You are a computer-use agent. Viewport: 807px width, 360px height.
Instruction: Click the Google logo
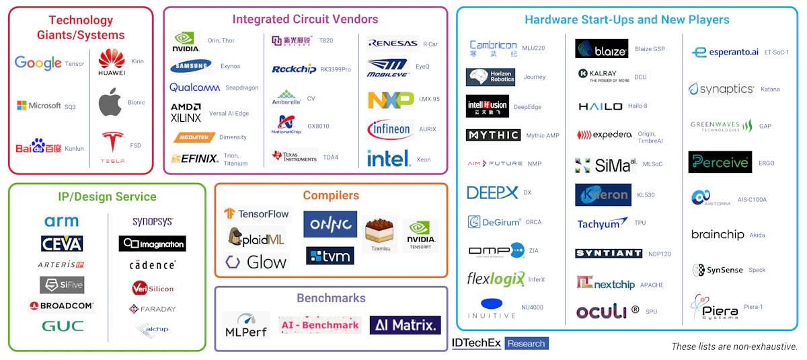pos(38,64)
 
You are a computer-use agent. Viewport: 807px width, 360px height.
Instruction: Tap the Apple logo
pos(110,104)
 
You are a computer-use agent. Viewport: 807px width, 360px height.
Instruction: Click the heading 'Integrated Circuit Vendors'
pos(305,20)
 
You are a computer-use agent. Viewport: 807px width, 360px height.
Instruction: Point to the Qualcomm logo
pos(194,87)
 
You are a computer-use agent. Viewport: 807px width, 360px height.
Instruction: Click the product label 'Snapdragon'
pos(242,88)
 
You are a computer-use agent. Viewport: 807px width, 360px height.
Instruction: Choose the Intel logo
pos(389,159)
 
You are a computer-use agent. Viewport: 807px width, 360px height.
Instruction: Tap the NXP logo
pos(390,100)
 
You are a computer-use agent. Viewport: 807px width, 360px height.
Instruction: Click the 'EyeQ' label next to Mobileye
pos(423,67)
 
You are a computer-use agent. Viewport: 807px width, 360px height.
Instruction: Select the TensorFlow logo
pos(257,214)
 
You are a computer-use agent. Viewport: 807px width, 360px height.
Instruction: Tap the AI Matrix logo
pos(405,326)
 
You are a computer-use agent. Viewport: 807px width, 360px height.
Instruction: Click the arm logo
pos(62,221)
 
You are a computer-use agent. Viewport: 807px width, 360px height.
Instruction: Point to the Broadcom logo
pos(62,306)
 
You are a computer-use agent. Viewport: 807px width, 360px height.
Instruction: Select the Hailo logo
pos(601,106)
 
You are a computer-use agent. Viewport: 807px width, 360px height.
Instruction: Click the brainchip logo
pos(718,235)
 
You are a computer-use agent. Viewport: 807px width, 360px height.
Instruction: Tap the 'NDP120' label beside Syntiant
pos(660,254)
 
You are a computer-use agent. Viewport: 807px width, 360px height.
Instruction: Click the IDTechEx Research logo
pos(500,344)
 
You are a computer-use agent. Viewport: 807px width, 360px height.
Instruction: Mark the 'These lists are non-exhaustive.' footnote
pos(734,347)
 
